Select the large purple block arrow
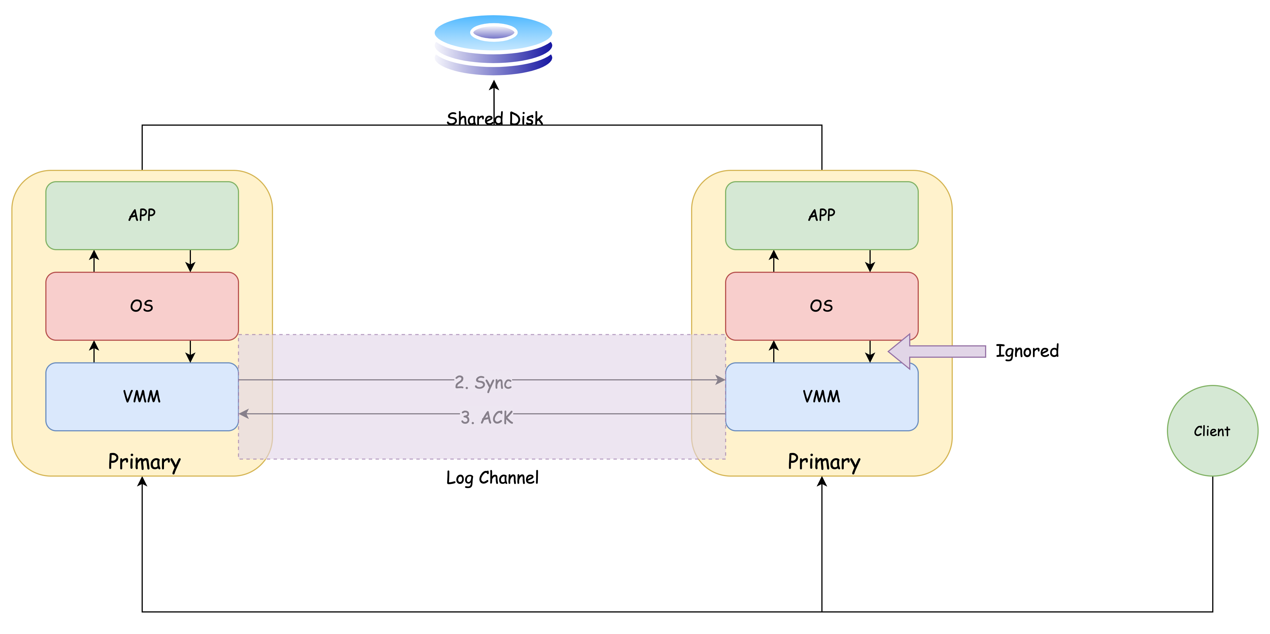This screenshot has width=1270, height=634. tap(937, 351)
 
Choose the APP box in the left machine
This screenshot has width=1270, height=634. tap(142, 215)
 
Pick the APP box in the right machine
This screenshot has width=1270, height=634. tap(821, 215)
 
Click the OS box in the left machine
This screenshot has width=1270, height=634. tap(142, 306)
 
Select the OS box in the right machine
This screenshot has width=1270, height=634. tap(821, 306)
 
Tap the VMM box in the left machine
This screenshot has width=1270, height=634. tap(142, 397)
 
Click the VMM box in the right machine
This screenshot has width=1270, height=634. tap(821, 397)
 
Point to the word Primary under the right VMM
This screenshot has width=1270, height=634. tap(824, 462)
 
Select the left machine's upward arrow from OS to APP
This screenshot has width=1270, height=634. tap(94, 261)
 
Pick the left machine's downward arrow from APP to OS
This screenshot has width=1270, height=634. tap(190, 261)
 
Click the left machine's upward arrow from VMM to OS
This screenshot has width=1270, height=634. tap(94, 351)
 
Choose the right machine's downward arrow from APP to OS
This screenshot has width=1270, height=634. tap(870, 261)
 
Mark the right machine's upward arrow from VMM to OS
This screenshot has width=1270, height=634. tap(774, 351)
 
